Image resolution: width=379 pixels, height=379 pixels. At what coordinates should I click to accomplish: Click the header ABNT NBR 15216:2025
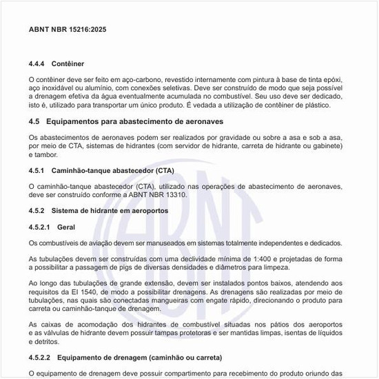(x=68, y=30)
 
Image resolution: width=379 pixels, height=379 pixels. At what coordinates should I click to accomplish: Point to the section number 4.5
(x=34, y=121)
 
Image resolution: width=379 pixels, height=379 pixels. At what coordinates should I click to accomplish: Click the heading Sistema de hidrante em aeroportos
(x=112, y=210)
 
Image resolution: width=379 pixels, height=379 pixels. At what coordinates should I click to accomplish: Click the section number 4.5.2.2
(x=41, y=358)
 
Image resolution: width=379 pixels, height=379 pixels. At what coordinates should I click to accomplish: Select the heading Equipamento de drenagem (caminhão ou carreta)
(x=139, y=358)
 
